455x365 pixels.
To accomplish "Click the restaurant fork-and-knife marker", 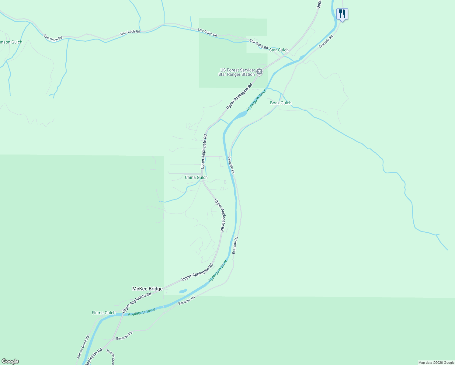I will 342,14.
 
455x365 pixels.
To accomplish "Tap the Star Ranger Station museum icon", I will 259,72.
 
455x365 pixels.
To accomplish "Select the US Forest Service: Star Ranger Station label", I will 237,72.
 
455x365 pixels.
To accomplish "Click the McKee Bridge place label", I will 148,289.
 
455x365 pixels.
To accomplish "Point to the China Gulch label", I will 196,177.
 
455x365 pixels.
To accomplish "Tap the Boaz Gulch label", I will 281,103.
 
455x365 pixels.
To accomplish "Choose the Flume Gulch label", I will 104,313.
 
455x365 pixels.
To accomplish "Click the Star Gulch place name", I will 279,50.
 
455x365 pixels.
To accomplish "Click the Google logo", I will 10,361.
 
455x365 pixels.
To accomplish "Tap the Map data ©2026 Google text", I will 436,363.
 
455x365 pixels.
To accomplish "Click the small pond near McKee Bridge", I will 183,291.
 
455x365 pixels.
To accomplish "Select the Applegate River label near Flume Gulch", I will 141,312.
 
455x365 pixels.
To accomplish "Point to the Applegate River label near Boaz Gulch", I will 256,100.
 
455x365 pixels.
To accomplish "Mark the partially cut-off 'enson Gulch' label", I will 11,42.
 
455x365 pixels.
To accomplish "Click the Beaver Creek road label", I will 111,357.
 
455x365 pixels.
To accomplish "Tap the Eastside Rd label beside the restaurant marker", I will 326,41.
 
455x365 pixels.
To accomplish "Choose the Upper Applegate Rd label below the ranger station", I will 239,96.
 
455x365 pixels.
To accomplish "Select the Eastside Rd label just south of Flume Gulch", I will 124,336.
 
